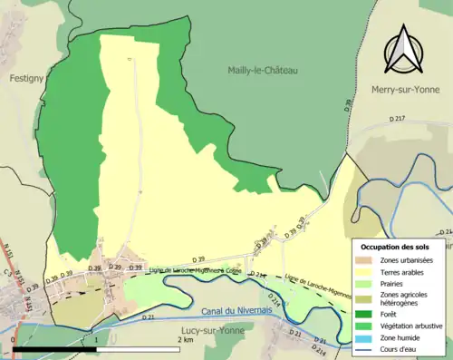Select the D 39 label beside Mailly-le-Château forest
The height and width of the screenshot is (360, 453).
click(x=348, y=108)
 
